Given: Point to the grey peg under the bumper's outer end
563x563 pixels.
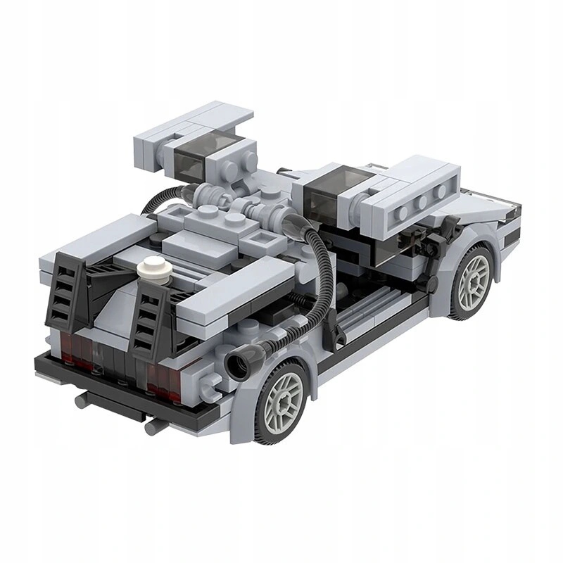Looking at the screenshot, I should coord(81,400).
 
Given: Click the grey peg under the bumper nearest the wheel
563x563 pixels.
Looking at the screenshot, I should coord(152,426).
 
